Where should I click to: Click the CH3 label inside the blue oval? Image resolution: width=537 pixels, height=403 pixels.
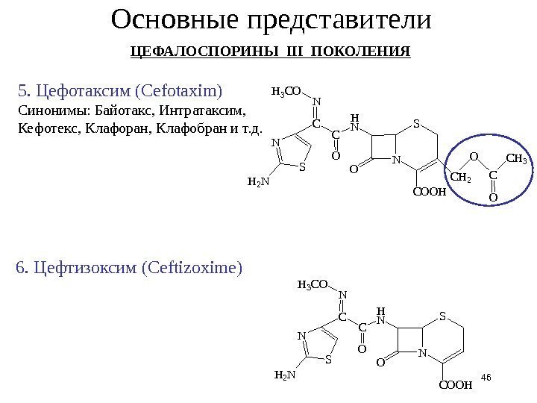coord(516,158)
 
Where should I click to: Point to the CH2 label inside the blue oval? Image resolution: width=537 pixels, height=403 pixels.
coord(462,178)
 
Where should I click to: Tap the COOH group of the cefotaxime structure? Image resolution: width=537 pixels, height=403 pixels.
coord(429,192)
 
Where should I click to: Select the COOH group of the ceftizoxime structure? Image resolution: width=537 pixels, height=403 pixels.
coord(456,385)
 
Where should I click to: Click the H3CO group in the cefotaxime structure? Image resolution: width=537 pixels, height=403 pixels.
coord(286,92)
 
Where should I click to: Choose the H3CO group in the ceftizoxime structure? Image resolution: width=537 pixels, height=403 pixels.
coord(313,284)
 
